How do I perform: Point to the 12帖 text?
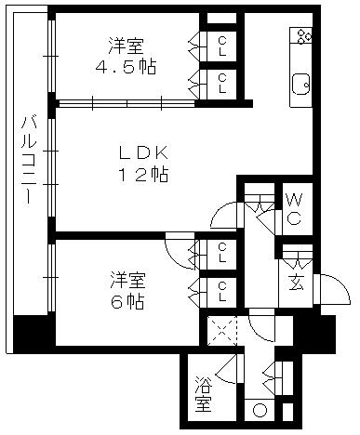coord(141,175)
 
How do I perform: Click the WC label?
coord(292,209)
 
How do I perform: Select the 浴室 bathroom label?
coord(204,395)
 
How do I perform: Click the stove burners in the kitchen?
coord(302,37)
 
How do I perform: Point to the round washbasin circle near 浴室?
coord(259,411)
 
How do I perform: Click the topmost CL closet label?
coord(224,44)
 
